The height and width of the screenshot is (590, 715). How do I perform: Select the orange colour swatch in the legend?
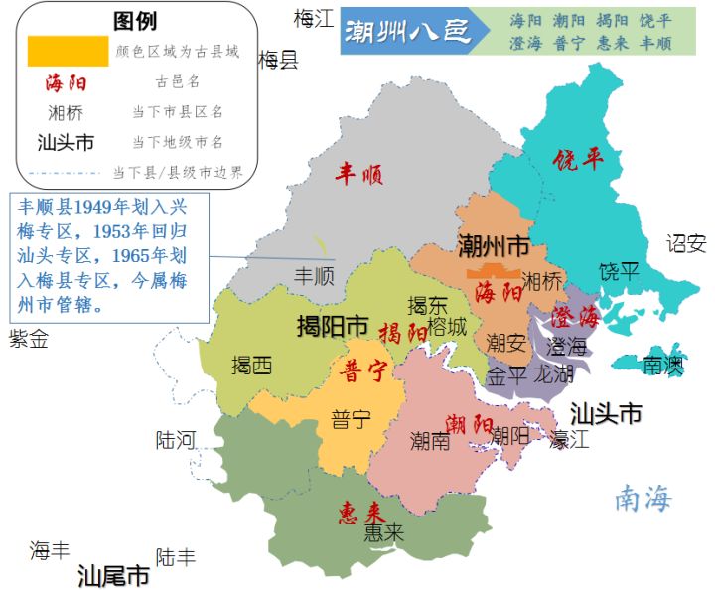pos(68,51)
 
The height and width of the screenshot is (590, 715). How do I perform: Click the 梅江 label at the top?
pos(314,18)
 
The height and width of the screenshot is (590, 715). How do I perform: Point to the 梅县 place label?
pos(278,61)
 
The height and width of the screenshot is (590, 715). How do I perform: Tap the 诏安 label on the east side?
pos(685,243)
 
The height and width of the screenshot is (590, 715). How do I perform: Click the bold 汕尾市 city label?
pos(114,575)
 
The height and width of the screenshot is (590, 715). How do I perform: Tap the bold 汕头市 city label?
pos(606,413)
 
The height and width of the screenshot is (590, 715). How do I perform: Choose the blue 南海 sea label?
pos(643,499)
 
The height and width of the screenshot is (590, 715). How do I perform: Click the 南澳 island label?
pos(662,365)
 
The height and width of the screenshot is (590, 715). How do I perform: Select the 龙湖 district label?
pos(553,375)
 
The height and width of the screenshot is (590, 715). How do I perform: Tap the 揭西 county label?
pos(251,366)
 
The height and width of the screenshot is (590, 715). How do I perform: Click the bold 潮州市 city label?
pos(494,244)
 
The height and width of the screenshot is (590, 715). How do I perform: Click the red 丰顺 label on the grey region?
pos(358,176)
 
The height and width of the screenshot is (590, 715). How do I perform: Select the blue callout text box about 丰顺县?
pos(109,257)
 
